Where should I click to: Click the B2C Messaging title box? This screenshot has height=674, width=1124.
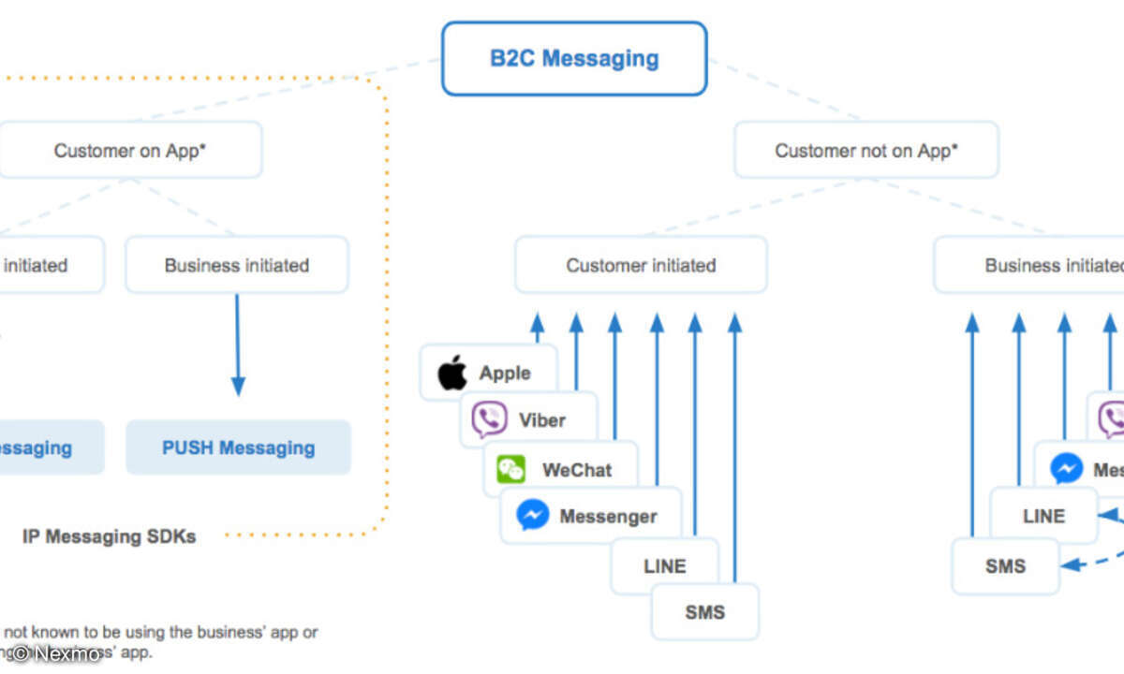click(x=574, y=59)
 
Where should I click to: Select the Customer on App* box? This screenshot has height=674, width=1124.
click(x=130, y=150)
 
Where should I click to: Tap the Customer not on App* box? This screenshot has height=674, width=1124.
click(x=865, y=150)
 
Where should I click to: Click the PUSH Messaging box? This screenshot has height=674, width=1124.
click(x=238, y=447)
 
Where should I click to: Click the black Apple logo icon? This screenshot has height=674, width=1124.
click(x=452, y=373)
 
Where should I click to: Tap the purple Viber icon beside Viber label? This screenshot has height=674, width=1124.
click(x=489, y=419)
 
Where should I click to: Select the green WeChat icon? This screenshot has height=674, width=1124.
click(x=511, y=469)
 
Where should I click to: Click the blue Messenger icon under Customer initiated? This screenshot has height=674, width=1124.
click(x=532, y=516)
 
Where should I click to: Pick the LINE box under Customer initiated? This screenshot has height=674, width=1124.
click(x=664, y=566)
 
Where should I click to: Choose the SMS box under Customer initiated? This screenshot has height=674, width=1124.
click(x=704, y=612)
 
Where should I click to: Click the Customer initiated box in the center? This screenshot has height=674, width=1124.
click(x=641, y=265)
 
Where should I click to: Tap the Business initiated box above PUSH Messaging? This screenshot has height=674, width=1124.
click(x=237, y=265)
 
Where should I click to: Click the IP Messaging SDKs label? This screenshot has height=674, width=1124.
click(x=109, y=536)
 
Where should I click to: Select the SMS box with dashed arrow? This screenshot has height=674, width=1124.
click(x=1004, y=566)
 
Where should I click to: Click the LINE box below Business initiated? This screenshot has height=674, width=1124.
click(x=1043, y=516)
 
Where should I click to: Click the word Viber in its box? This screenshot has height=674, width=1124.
click(x=542, y=419)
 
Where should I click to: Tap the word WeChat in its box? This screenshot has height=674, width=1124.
click(x=576, y=469)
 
